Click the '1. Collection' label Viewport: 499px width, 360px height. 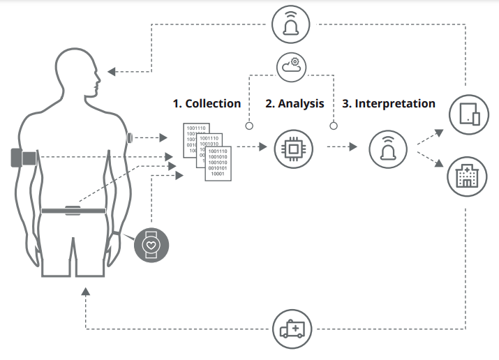tap(207, 103)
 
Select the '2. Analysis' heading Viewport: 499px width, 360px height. tap(295, 103)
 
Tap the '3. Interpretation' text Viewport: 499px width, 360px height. tap(389, 103)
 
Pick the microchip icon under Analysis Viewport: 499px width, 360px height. tap(294, 148)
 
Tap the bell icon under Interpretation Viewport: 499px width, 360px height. tap(387, 148)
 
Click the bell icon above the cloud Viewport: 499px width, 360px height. tap(292, 24)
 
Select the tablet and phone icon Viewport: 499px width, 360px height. tap(466, 113)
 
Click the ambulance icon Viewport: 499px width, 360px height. tap(292, 328)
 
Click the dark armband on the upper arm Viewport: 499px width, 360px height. tap(23, 158)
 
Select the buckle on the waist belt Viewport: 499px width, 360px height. tap(73, 210)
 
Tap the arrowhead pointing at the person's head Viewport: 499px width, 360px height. tap(112, 71)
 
